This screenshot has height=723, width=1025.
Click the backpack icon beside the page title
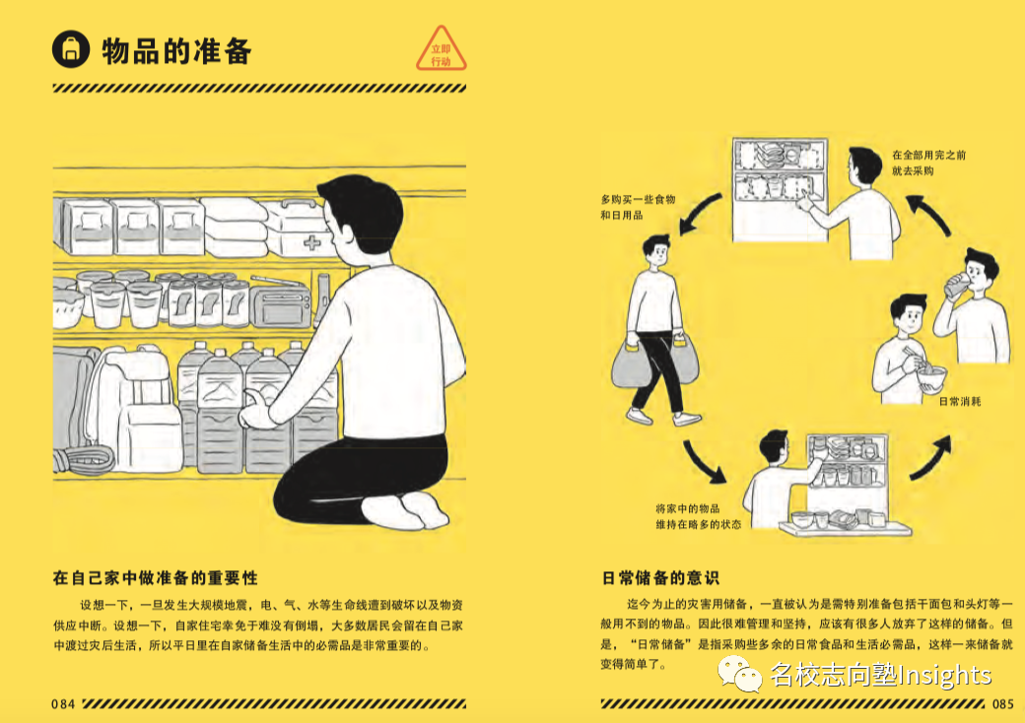point(71,49)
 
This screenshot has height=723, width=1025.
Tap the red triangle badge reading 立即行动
point(442,50)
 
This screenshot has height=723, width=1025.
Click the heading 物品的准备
point(176,51)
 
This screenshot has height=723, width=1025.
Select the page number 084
point(63,704)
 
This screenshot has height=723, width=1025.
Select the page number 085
point(1002,704)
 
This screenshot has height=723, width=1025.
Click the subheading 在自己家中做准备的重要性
point(156,578)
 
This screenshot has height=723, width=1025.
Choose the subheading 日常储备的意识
point(660,578)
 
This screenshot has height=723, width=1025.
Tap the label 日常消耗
point(960,401)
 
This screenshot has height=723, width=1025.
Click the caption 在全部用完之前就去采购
point(928,163)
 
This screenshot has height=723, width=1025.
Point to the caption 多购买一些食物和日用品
point(638,207)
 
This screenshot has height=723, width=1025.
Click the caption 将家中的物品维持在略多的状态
point(698,516)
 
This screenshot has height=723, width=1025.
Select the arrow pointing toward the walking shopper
point(700,212)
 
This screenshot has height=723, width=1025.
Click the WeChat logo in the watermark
point(740,675)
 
